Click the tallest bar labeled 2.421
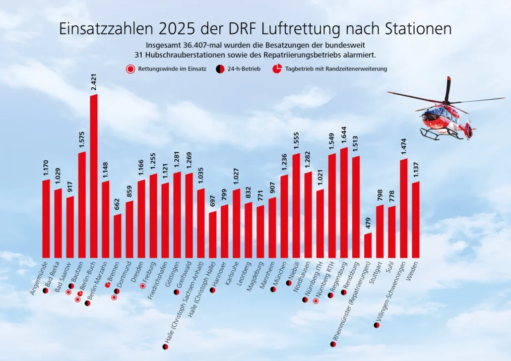pos(94,176)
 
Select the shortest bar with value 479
pos(368,245)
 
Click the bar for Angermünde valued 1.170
pos(46,218)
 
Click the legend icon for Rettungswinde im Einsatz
pos(131,69)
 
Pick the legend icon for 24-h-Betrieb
pos(219,69)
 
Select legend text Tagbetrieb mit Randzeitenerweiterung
pos(336,69)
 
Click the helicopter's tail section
pos(467,130)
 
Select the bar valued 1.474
pos(403,208)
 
